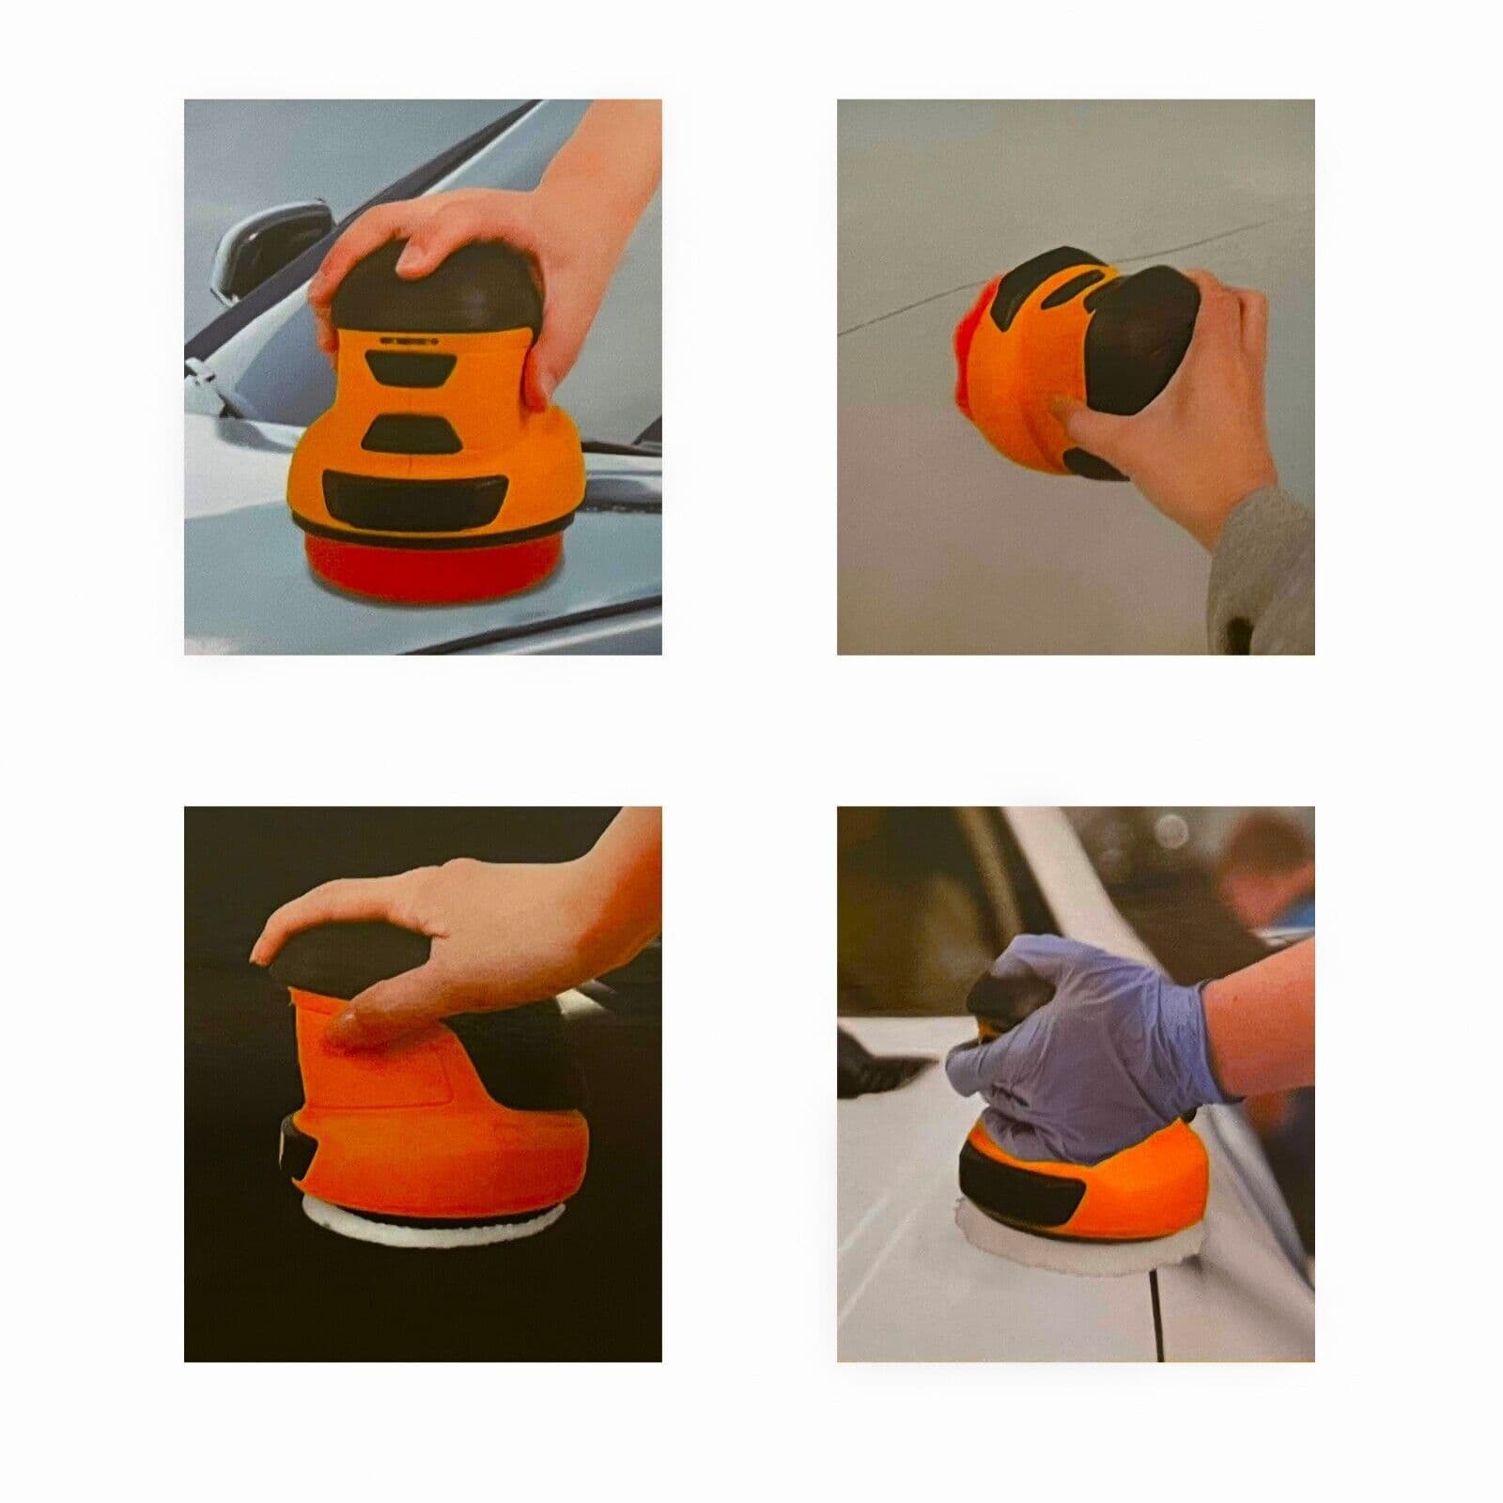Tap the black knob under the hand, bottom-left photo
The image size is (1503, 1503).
[338, 954]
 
